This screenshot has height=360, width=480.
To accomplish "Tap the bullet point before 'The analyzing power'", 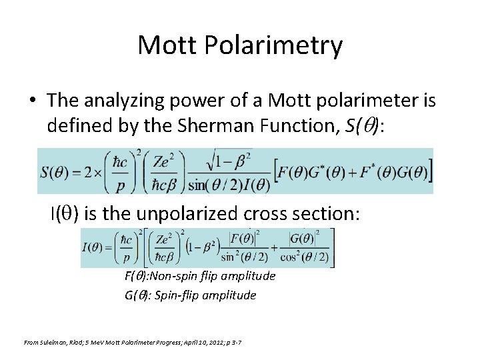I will click(33, 101).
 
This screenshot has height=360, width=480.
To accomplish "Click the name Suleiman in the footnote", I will click(57, 342).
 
